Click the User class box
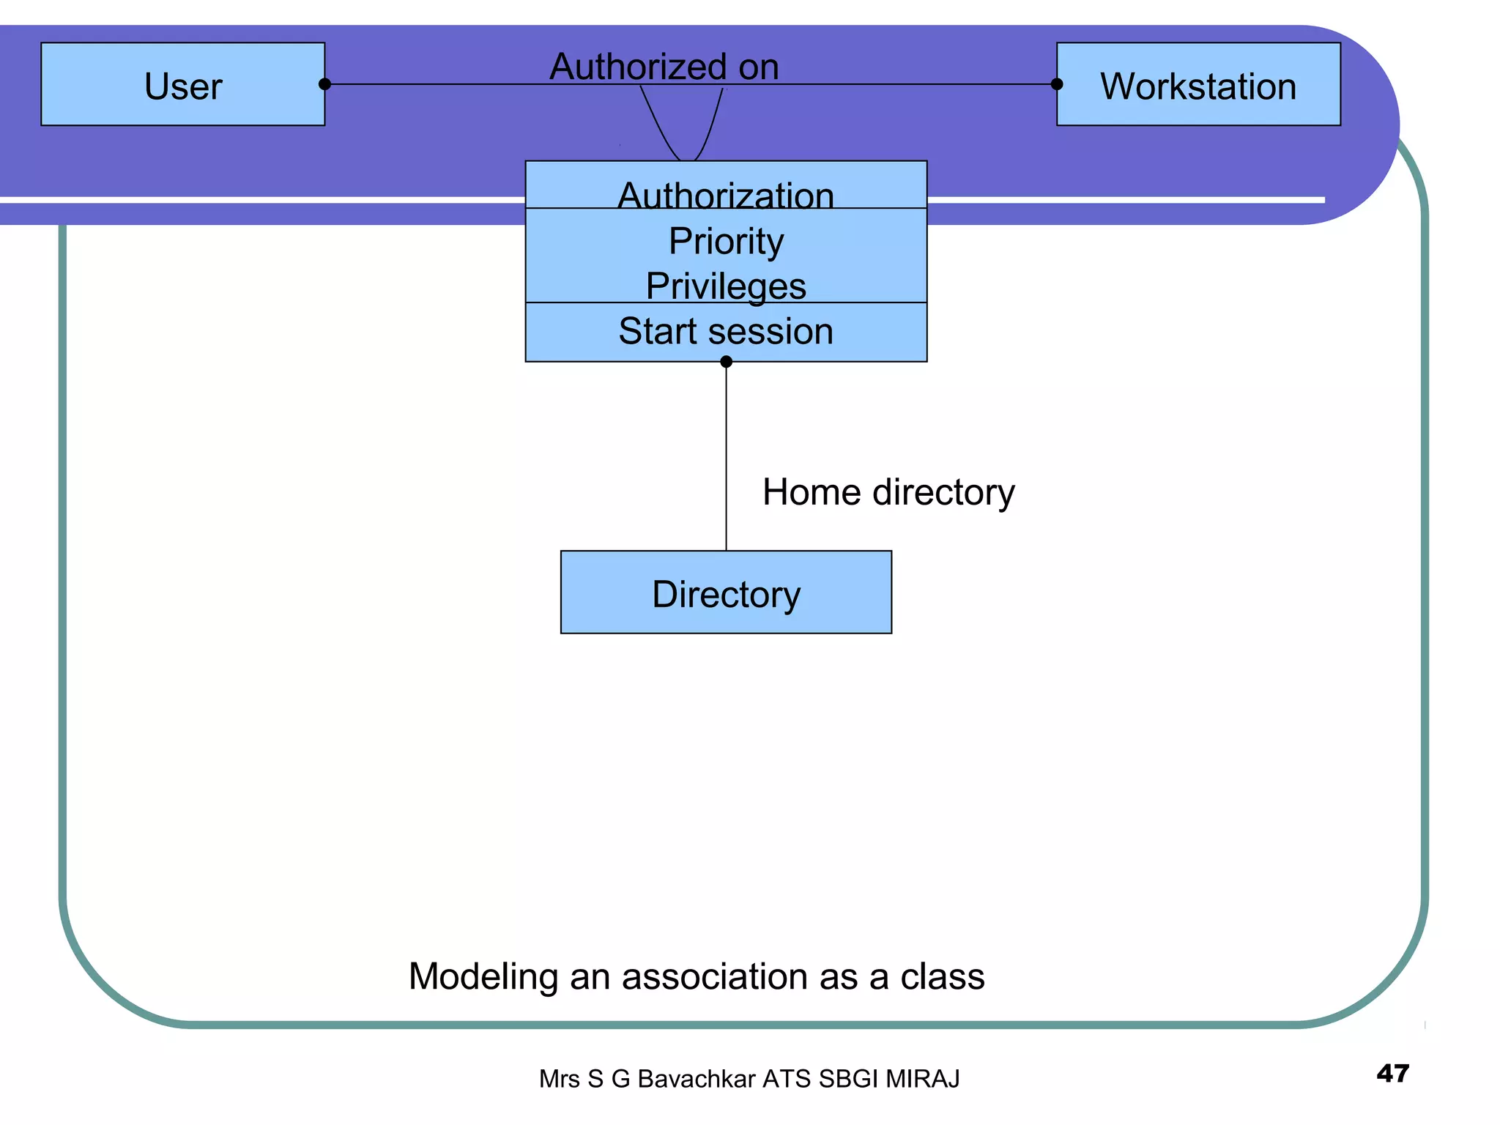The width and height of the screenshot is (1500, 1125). coord(183,85)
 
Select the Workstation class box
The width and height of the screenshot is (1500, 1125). coord(1198,85)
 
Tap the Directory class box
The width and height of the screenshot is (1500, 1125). coord(726,593)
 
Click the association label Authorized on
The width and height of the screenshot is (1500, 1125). coord(664,67)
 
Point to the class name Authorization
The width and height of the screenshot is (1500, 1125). coord(726,195)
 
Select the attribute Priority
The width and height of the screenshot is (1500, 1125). coord(726,241)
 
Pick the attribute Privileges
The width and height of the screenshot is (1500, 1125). coord(726,286)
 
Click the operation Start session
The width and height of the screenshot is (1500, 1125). coord(726,331)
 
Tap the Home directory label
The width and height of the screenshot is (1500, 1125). coord(888,492)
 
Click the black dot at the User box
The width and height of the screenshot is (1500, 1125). coord(325,84)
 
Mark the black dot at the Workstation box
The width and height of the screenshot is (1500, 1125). coord(1057,84)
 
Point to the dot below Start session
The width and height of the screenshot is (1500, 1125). coord(726,362)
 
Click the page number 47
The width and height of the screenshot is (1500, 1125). coord(1392,1074)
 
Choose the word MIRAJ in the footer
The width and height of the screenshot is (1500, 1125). coord(922,1079)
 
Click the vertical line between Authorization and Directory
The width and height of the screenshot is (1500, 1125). coord(726,454)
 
